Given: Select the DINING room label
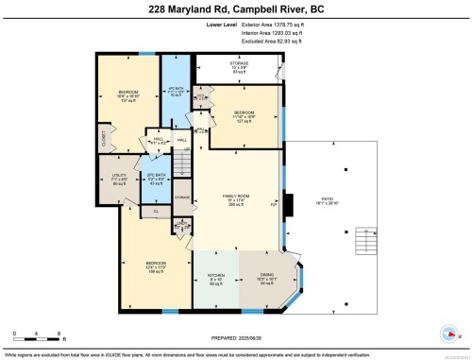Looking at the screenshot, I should pos(266,280).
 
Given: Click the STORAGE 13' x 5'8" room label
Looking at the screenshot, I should pos(240,67).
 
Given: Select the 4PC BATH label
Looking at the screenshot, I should pos(173,91).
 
